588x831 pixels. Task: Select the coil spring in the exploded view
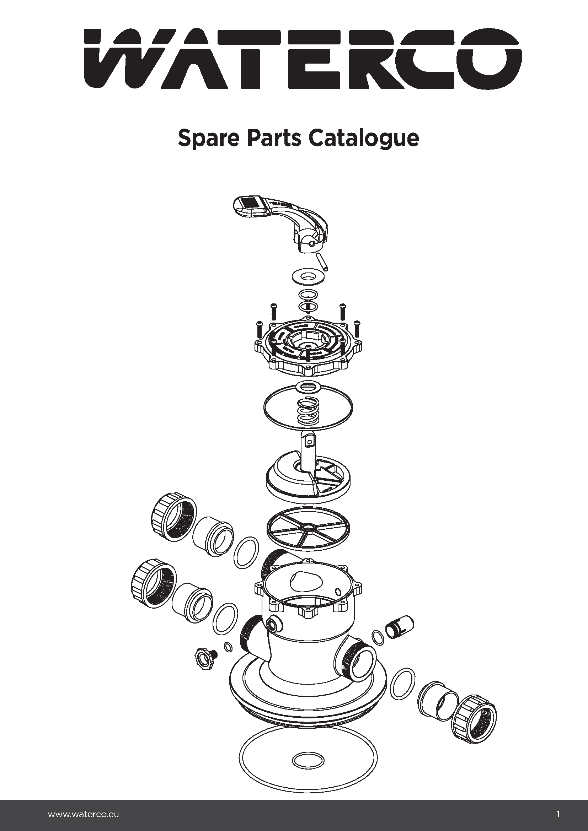(308, 412)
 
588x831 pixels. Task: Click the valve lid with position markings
(308, 347)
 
